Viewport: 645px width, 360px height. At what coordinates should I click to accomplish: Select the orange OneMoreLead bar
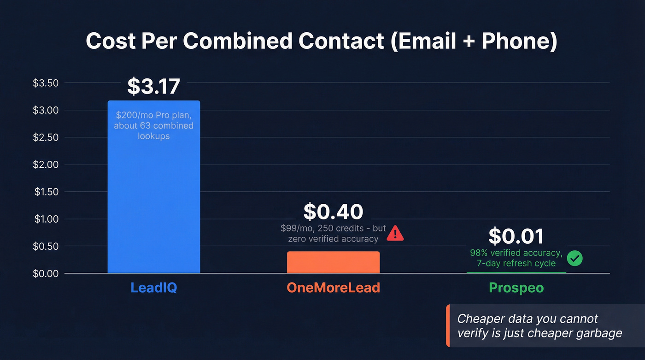pyautogui.click(x=333, y=262)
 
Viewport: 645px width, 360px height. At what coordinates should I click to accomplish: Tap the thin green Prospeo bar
pyautogui.click(x=516, y=272)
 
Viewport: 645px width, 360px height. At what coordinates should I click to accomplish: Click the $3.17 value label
pyautogui.click(x=153, y=86)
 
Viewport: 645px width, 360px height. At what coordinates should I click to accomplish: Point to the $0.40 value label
pyautogui.click(x=333, y=212)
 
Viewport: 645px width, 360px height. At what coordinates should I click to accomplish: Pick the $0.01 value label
pyautogui.click(x=516, y=236)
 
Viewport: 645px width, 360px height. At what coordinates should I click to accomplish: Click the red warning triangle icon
pyautogui.click(x=395, y=233)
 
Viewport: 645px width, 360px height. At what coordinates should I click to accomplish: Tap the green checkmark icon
pyautogui.click(x=575, y=258)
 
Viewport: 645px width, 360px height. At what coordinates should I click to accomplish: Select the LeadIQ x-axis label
pyautogui.click(x=153, y=288)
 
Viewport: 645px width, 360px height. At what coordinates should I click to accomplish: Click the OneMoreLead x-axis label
pyautogui.click(x=333, y=288)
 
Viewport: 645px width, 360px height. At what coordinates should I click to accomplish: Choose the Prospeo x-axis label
pyautogui.click(x=516, y=288)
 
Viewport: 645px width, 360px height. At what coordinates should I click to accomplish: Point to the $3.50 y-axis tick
pyautogui.click(x=46, y=83)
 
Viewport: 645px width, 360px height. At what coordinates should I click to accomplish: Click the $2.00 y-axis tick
pyautogui.click(x=46, y=165)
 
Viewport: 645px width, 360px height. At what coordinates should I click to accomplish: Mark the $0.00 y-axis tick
pyautogui.click(x=46, y=274)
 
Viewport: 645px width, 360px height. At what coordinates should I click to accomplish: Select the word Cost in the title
pyautogui.click(x=110, y=41)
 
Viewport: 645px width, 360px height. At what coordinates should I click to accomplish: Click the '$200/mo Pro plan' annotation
pyautogui.click(x=153, y=115)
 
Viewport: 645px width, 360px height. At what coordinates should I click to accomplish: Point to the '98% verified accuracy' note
pyautogui.click(x=516, y=253)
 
